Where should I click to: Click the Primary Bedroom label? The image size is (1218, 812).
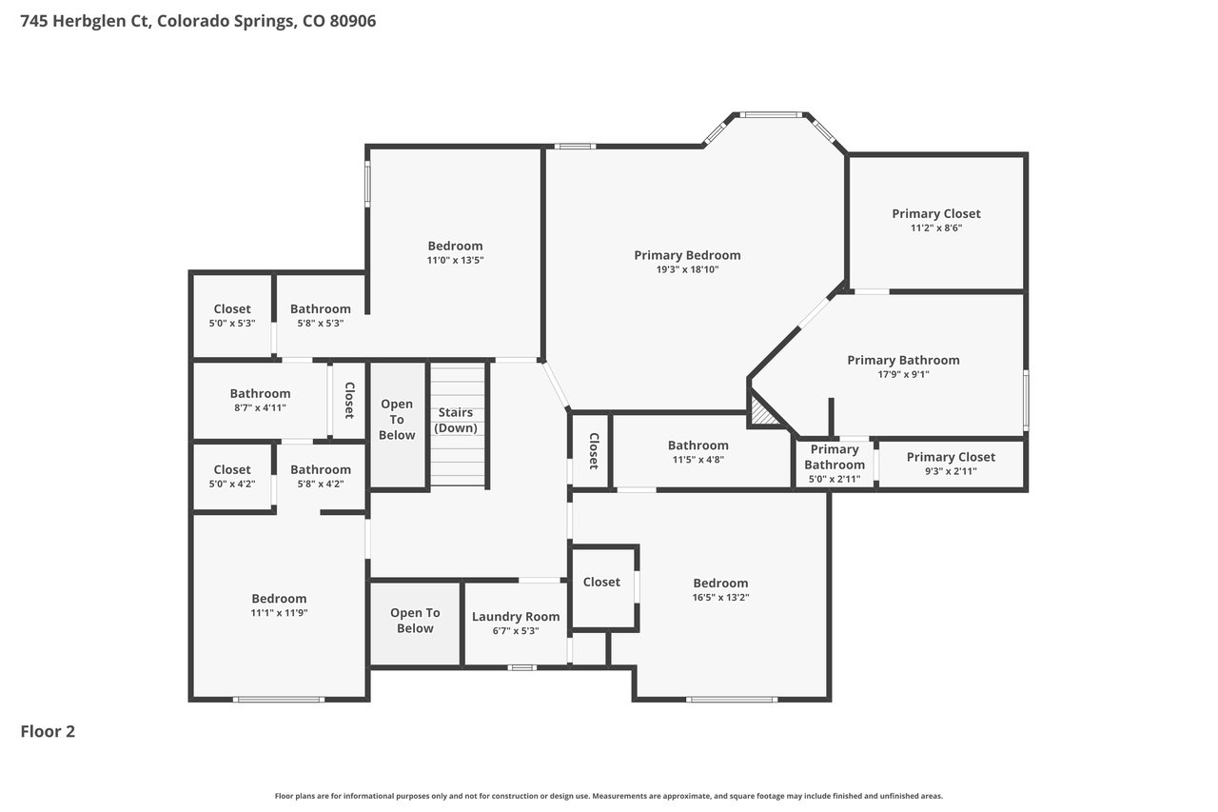(x=687, y=255)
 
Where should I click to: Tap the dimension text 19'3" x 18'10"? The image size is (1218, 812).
(x=687, y=269)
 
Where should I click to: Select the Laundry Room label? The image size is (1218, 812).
(x=516, y=616)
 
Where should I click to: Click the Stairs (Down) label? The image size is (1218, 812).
(x=456, y=420)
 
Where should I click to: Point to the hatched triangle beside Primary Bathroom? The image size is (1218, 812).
(x=762, y=411)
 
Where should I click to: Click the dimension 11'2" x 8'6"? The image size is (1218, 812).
(x=936, y=228)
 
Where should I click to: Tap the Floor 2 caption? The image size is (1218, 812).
(x=48, y=731)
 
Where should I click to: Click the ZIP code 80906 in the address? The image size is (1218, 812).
(x=353, y=21)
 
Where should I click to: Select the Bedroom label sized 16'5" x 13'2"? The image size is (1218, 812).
(x=720, y=583)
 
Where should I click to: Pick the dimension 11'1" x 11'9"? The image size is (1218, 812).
(x=279, y=613)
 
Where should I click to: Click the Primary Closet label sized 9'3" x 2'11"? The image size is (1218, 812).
(x=951, y=457)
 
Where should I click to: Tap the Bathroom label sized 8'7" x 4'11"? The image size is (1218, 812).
(x=260, y=393)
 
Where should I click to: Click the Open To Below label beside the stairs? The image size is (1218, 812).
(x=397, y=419)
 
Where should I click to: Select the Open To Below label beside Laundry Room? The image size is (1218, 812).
(x=415, y=621)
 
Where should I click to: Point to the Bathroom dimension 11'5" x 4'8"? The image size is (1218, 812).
(x=698, y=460)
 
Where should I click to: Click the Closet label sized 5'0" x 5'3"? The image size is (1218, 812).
(x=232, y=309)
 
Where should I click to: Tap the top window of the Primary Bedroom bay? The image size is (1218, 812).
(x=771, y=115)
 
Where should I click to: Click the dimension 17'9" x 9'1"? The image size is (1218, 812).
(x=903, y=374)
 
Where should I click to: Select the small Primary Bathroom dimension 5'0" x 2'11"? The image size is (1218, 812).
(x=835, y=479)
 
